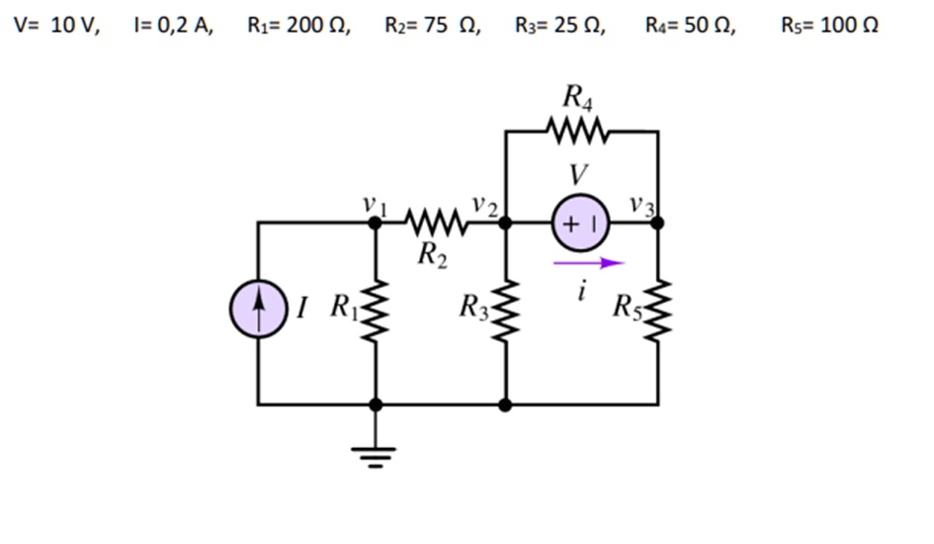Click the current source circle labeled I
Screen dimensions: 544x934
click(258, 310)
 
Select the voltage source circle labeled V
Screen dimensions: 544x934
click(580, 224)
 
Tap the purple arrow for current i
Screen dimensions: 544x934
click(589, 263)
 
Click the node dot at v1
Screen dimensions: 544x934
click(376, 224)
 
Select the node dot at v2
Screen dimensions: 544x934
click(505, 224)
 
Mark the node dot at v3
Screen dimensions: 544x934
click(657, 224)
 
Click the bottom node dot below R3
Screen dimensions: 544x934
click(505, 405)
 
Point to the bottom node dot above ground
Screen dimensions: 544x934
click(376, 405)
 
